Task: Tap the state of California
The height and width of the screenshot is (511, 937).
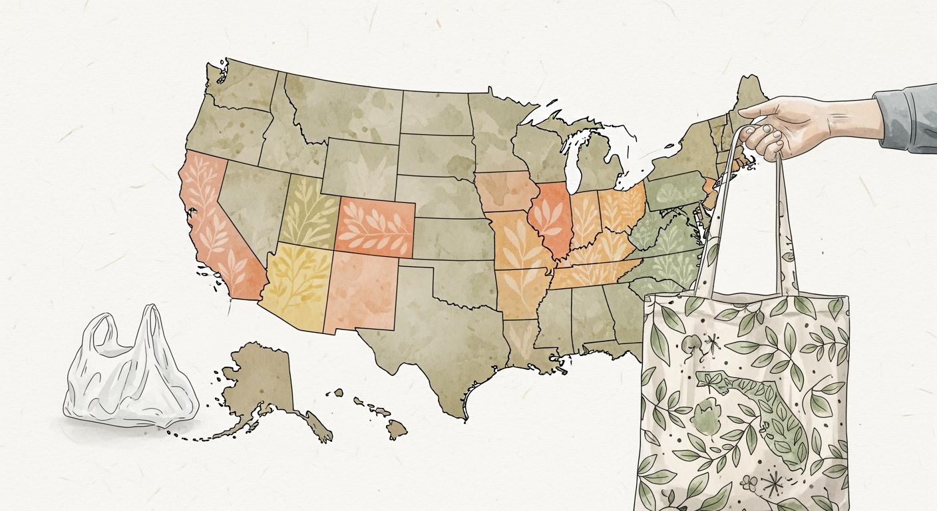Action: (210, 220)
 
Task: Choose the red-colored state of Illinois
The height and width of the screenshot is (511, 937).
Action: (550, 220)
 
